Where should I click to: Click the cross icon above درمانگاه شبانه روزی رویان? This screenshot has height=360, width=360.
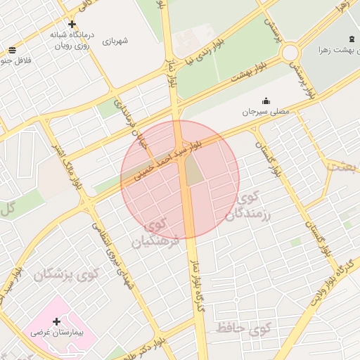coord(71,23)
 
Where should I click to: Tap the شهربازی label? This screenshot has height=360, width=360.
coord(115,41)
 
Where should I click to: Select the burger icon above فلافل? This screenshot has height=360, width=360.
coord(12,50)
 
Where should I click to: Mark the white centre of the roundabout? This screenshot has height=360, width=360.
coord(290,53)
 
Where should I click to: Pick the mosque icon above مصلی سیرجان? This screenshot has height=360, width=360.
coord(266,101)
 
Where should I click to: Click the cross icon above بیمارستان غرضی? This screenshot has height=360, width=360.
coord(56,321)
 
